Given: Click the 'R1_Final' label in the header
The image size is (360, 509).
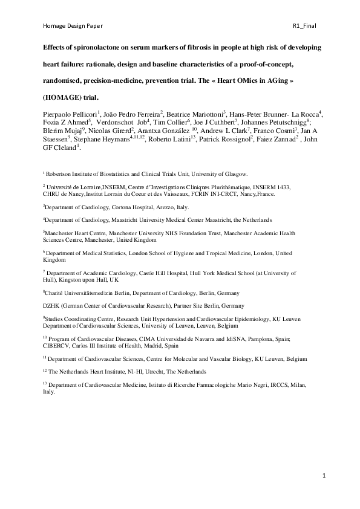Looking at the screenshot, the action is [x=304, y=26].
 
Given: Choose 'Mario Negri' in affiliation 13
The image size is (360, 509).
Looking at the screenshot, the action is [x=241, y=384].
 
